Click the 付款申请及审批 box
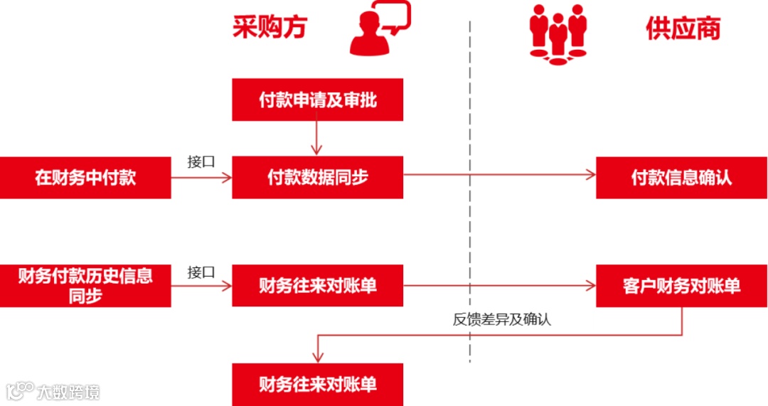[x=317, y=100]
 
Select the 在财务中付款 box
[x=85, y=178]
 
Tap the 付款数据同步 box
[x=317, y=178]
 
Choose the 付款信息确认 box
[x=681, y=178]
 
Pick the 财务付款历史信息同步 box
[x=85, y=286]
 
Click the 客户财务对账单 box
[x=681, y=286]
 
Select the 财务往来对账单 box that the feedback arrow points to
[x=317, y=385]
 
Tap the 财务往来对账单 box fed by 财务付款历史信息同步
[x=317, y=286]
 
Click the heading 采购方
[x=270, y=28]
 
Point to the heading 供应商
[x=683, y=28]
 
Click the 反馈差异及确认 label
[x=501, y=320]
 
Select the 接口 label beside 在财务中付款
[x=201, y=161]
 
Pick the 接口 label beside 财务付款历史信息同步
[x=201, y=272]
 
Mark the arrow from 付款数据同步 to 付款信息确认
[x=498, y=175]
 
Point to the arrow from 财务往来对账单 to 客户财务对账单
[x=498, y=286]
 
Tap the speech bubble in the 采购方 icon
[x=396, y=17]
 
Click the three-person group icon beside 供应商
[x=558, y=34]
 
